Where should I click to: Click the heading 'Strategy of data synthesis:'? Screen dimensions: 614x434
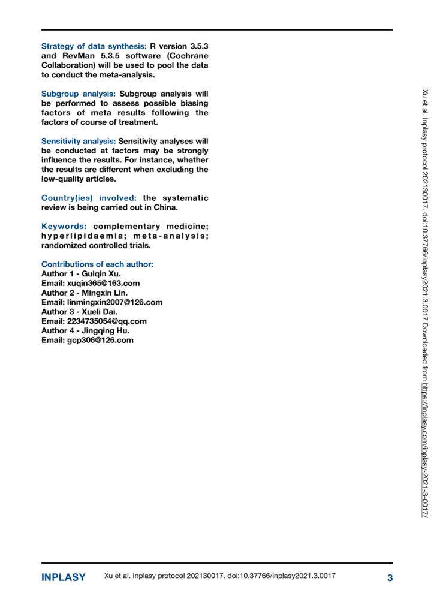pos(94,46)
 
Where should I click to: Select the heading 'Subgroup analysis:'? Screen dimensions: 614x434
pos(79,94)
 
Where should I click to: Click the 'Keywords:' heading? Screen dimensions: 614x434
pos(64,227)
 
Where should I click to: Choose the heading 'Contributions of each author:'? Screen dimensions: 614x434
pos(97,264)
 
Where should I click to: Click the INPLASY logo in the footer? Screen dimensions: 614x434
pos(63,578)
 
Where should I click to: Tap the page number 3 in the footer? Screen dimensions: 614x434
pos(390,578)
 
